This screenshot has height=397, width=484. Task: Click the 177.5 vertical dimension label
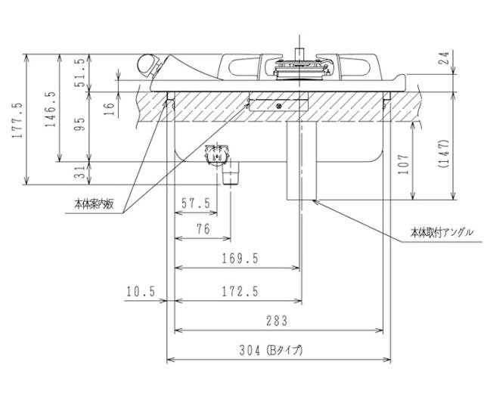(x=17, y=119)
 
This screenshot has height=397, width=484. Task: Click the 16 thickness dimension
(x=110, y=107)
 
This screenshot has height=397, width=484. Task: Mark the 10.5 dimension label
(x=142, y=290)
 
